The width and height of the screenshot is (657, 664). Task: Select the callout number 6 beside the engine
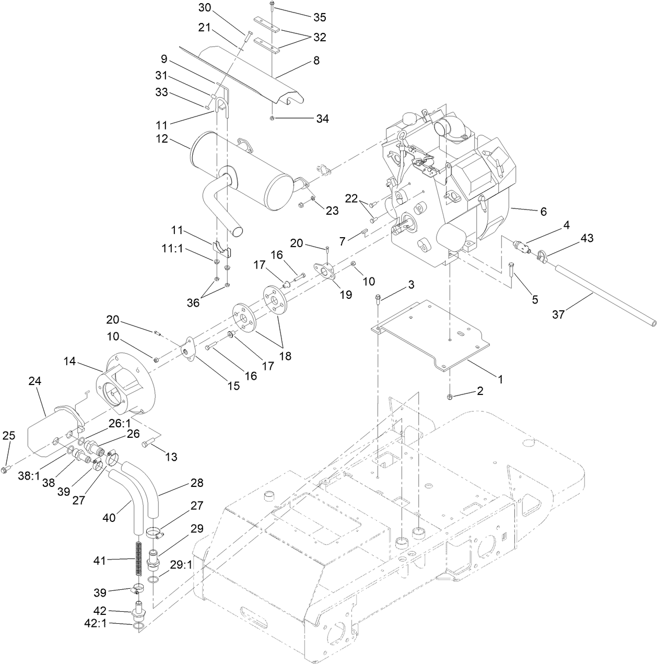[x=543, y=212]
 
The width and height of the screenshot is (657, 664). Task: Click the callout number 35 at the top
[x=320, y=17]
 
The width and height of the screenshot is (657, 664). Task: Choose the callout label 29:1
[x=181, y=565]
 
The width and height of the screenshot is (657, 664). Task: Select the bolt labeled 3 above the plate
[x=378, y=299]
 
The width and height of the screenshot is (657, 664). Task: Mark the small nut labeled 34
[x=272, y=118]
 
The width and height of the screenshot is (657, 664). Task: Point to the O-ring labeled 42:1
[x=137, y=626]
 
